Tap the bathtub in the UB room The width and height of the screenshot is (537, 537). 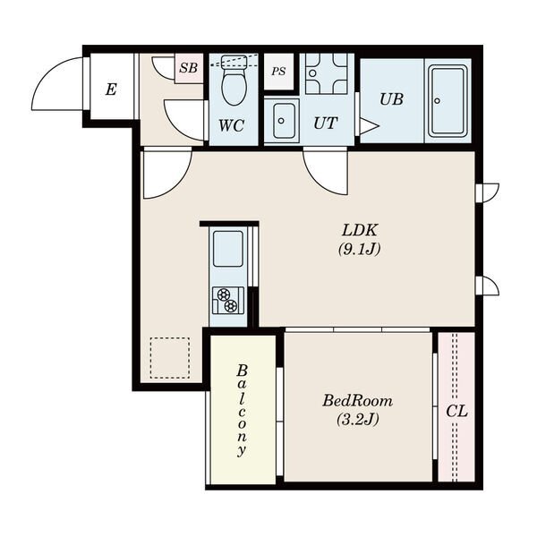coord(449,101)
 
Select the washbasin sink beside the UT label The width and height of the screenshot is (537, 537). coord(282,120)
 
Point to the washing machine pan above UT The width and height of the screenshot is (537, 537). coord(327,73)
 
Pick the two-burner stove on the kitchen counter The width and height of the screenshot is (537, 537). coord(228,301)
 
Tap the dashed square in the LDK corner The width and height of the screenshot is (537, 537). coord(170,358)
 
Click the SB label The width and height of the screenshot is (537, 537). coord(189,68)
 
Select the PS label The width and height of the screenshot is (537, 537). coord(278,72)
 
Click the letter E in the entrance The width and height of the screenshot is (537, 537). coord(111,89)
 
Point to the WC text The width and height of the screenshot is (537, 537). coord(232,125)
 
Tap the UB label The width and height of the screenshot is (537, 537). coord(391,99)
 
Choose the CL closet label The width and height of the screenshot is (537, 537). coord(456,411)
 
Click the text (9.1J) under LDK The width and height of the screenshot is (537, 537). coord(359,249)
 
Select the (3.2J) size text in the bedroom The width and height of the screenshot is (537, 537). coord(357,419)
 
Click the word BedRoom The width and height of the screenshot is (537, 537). coord(357,401)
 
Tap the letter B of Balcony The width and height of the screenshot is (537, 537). coord(243,371)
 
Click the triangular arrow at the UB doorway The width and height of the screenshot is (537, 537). coord(369,126)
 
